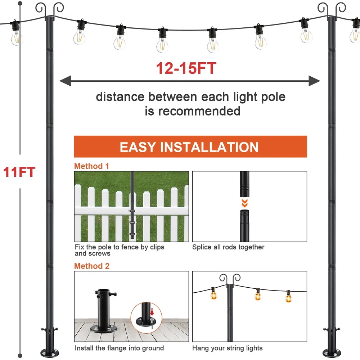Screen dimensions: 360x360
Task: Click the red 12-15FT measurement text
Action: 186,68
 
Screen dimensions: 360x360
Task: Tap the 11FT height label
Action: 19,172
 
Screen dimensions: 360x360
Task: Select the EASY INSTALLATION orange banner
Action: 190,147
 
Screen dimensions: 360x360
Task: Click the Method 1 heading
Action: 91,166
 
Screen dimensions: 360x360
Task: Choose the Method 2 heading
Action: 91,266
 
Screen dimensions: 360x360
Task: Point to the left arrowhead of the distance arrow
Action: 65,81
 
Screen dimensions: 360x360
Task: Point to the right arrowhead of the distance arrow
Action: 314,81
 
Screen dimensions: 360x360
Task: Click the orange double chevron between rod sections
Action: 244,203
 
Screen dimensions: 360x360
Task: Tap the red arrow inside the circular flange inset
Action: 152,312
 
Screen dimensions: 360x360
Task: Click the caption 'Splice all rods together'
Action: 228,247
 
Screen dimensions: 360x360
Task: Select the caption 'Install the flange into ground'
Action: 119,348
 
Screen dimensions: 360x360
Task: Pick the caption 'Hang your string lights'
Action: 227,348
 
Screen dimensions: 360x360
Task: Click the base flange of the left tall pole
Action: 50,352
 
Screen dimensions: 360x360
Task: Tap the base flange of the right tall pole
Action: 332,352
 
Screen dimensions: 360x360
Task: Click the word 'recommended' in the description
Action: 199,111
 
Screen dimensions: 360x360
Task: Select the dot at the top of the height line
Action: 20,3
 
